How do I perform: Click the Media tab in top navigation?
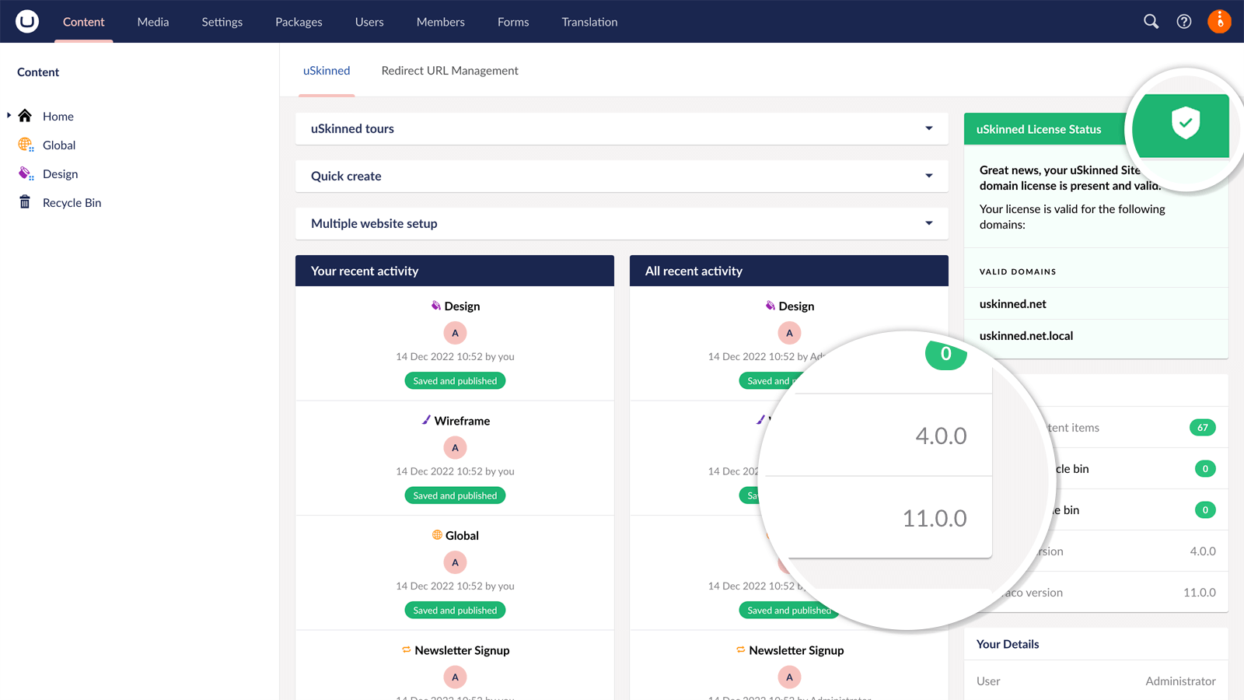pyautogui.click(x=152, y=22)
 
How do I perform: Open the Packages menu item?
pyautogui.click(x=299, y=22)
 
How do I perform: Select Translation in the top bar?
pyautogui.click(x=589, y=22)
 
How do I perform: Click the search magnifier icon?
pyautogui.click(x=1151, y=22)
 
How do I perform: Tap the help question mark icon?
pyautogui.click(x=1183, y=22)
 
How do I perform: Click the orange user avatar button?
pyautogui.click(x=1219, y=22)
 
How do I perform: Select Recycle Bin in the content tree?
pyautogui.click(x=72, y=203)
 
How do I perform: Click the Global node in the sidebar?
pyautogui.click(x=59, y=145)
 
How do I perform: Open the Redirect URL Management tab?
pyautogui.click(x=449, y=71)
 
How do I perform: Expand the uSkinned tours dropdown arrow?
pyautogui.click(x=928, y=129)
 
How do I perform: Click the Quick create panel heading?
pyautogui.click(x=346, y=177)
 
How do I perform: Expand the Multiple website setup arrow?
pyautogui.click(x=928, y=224)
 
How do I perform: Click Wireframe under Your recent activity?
pyautogui.click(x=462, y=421)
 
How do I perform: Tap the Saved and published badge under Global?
pyautogui.click(x=455, y=611)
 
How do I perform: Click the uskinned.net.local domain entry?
pyautogui.click(x=1026, y=336)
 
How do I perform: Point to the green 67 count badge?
pyautogui.click(x=1202, y=428)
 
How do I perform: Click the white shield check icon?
pyautogui.click(x=1186, y=123)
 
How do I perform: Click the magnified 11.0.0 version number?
pyautogui.click(x=934, y=518)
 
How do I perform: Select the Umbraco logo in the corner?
pyautogui.click(x=27, y=22)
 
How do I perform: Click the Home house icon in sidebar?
pyautogui.click(x=25, y=116)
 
